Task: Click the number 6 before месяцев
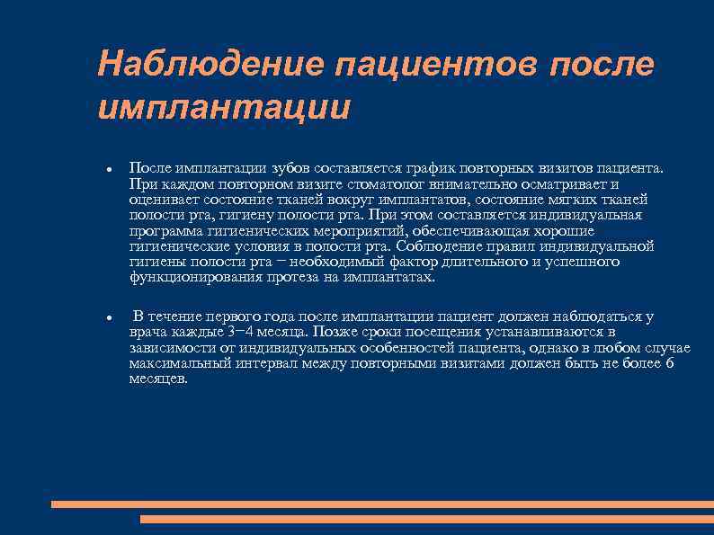(669, 363)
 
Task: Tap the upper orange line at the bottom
(382, 504)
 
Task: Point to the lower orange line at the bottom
(427, 520)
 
